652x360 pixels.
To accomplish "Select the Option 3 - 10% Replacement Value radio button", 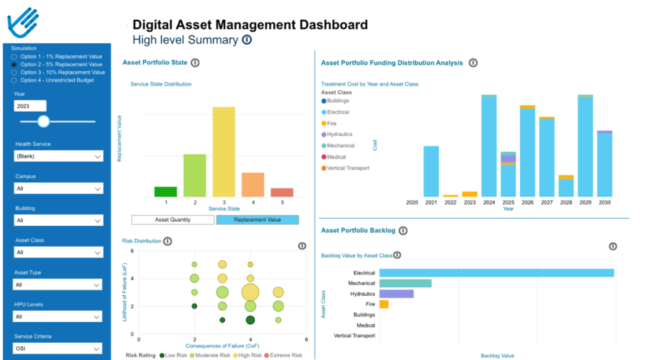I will coord(14,73).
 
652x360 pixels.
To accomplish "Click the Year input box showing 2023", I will coord(30,106).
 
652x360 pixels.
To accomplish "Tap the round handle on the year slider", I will coord(43,121).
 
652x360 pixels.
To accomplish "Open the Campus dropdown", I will coord(58,189).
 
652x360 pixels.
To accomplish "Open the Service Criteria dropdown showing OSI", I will coord(58,349).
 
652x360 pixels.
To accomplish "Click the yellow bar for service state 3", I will coord(224,152).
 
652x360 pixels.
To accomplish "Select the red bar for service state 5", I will coord(282,192).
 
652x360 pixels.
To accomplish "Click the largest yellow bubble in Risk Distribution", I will coord(250,292).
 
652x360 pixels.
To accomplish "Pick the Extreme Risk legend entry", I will coord(285,355).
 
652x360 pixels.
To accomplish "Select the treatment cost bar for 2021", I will coord(431,171).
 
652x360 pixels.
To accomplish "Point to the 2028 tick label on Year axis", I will coord(565,203).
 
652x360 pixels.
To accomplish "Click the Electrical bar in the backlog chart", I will coord(497,273).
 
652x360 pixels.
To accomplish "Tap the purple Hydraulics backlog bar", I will coord(396,294).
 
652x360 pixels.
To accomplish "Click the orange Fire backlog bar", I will coord(384,305).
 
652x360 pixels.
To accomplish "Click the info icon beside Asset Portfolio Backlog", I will coord(403,231).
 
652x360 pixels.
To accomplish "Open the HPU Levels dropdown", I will coord(58,317).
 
